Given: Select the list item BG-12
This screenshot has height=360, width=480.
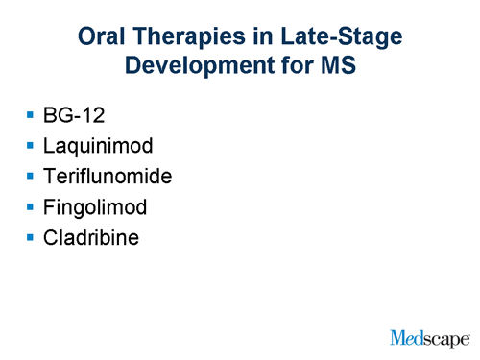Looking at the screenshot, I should click(x=74, y=116).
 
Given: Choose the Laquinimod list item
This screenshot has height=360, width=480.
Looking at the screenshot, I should click(x=98, y=146).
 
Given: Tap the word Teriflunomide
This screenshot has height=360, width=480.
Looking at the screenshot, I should click(x=108, y=176).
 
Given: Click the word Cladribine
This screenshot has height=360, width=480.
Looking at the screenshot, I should click(x=91, y=236).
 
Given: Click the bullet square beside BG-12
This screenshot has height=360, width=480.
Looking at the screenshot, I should click(x=29, y=116).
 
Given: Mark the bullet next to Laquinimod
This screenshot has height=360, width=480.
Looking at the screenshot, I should click(x=29, y=146).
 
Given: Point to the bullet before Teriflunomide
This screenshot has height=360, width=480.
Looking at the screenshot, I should click(x=29, y=176).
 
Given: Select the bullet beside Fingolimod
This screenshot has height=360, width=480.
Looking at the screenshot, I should click(x=29, y=206).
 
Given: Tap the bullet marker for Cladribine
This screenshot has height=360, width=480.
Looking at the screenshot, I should click(x=29, y=236).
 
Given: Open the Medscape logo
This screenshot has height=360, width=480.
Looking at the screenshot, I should click(x=429, y=337).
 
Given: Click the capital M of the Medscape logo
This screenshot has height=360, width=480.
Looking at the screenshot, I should click(x=399, y=337).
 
